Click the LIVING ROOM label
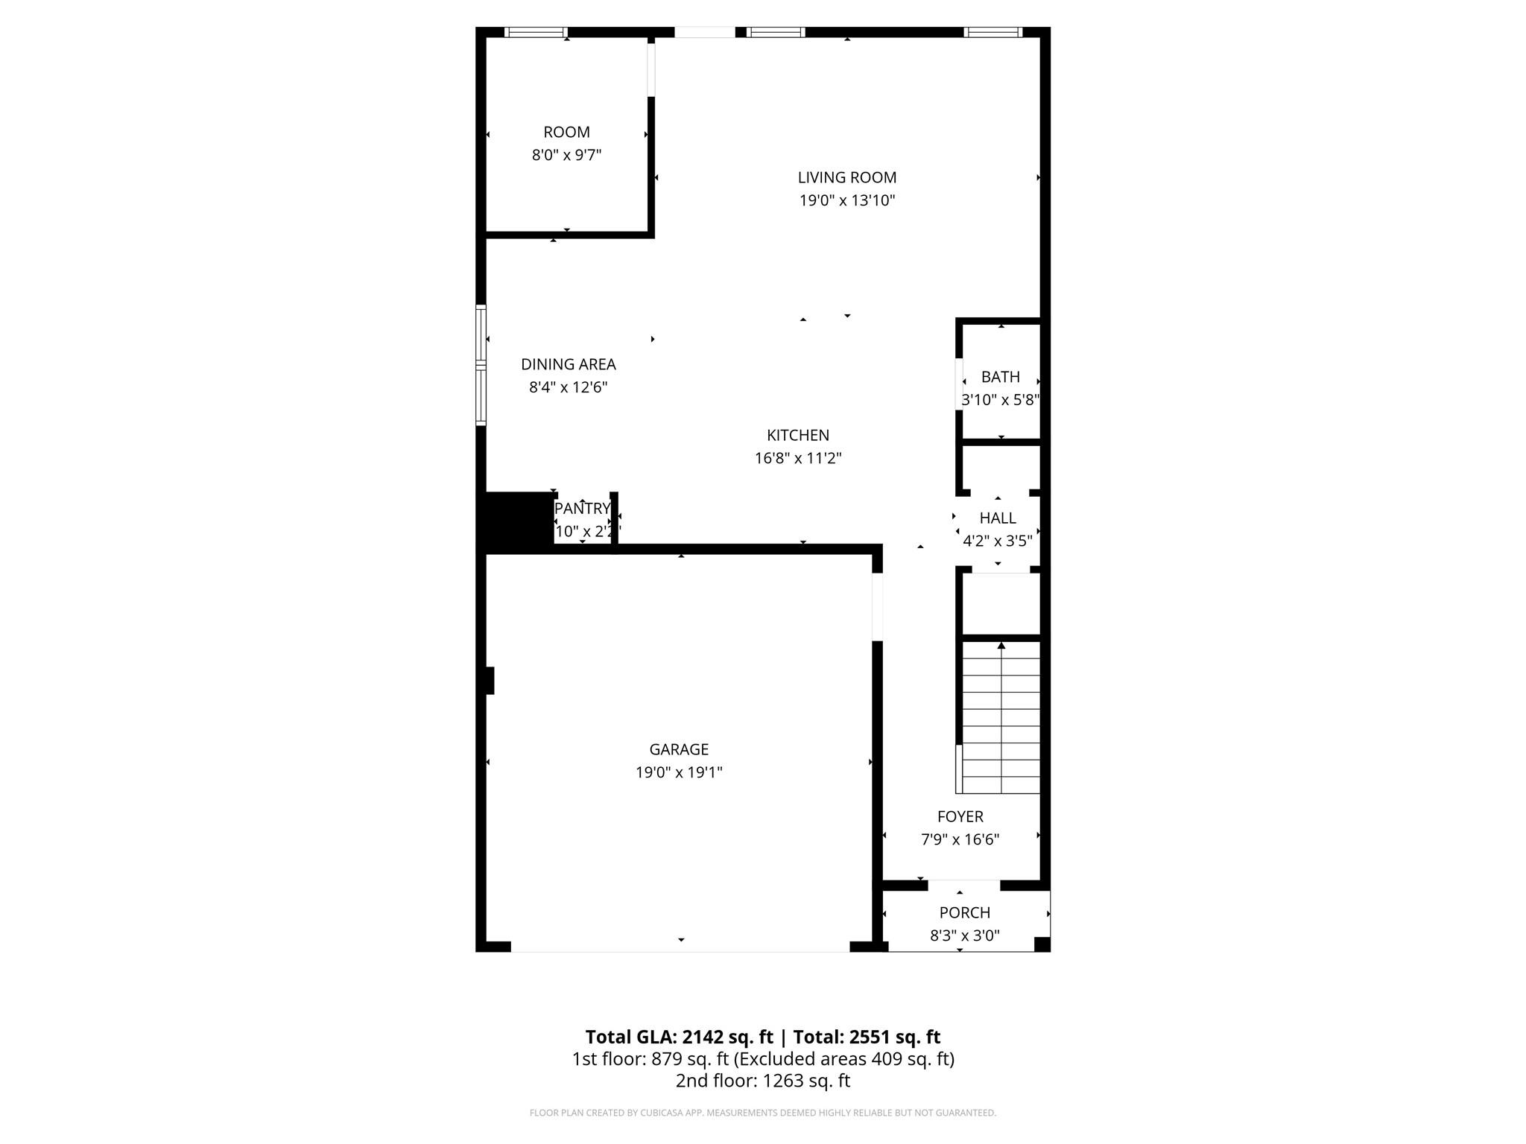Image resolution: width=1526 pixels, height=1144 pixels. pyautogui.click(x=846, y=177)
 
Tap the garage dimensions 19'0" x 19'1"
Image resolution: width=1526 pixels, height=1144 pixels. pyautogui.click(x=678, y=772)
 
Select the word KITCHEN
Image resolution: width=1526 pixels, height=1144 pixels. pyautogui.click(x=797, y=435)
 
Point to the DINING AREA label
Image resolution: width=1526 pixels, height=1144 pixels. pyautogui.click(x=568, y=364)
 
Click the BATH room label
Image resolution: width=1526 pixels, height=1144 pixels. pyautogui.click(x=1000, y=377)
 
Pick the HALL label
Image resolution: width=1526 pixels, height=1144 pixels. pyautogui.click(x=997, y=518)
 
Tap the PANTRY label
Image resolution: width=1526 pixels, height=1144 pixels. pyautogui.click(x=582, y=509)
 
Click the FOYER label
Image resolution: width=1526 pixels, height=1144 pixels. pyautogui.click(x=960, y=816)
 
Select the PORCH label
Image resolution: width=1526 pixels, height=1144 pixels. pyautogui.click(x=964, y=912)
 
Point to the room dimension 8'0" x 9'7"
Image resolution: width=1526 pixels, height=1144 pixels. pyautogui.click(x=566, y=155)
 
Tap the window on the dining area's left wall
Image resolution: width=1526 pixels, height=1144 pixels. pyautogui.click(x=481, y=365)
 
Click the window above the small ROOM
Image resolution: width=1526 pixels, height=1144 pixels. pyautogui.click(x=535, y=32)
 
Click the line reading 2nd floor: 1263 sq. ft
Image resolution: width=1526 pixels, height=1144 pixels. pyautogui.click(x=762, y=1081)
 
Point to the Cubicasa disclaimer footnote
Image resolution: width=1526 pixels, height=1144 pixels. pyautogui.click(x=762, y=1113)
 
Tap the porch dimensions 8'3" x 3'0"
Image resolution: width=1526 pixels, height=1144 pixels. pyautogui.click(x=964, y=935)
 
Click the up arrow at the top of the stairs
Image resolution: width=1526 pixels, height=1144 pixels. pyautogui.click(x=1001, y=646)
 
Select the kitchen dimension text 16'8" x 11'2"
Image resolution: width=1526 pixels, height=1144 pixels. pyautogui.click(x=797, y=458)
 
